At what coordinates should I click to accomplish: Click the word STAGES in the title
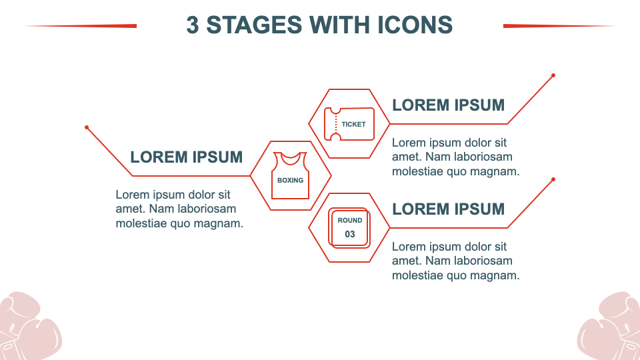[254, 25]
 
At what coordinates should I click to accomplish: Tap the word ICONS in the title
[415, 25]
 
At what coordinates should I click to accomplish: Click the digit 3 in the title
[193, 25]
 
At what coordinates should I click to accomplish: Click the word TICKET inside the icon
[353, 124]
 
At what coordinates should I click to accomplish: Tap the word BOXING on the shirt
[290, 180]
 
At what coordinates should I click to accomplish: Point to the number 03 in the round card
[350, 234]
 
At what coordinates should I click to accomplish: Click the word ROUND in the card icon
[350, 221]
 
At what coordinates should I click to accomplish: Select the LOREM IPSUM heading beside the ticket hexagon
[448, 105]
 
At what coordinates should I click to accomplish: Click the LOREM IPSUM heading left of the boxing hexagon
[186, 157]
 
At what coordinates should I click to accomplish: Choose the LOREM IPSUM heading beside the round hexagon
[448, 209]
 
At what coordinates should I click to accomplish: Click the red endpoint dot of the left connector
[87, 127]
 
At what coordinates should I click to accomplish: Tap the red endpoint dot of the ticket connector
[553, 75]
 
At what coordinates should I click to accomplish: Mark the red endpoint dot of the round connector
[553, 179]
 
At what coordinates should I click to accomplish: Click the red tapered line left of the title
[81, 26]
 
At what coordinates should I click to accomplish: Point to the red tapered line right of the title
[559, 26]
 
